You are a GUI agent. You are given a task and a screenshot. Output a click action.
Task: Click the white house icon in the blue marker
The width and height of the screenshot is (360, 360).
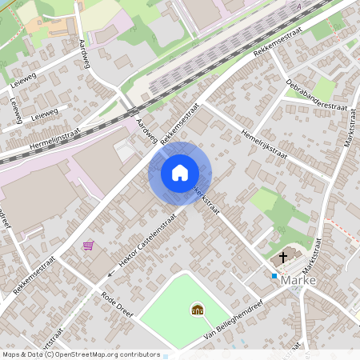[180, 172]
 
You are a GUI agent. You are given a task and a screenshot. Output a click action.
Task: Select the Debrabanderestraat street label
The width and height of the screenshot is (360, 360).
[317, 96]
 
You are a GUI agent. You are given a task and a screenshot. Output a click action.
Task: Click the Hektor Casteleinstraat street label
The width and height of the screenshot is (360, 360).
[149, 239]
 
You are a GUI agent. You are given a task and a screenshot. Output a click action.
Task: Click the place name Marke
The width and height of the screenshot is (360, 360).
[298, 281]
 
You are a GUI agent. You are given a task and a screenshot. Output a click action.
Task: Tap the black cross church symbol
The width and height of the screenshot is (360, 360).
[282, 258]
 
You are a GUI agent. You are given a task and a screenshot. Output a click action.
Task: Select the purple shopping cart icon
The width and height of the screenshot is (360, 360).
[88, 246]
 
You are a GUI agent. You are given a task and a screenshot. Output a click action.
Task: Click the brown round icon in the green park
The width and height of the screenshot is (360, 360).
[197, 309]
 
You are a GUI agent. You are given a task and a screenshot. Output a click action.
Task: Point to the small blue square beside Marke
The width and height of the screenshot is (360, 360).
[274, 276]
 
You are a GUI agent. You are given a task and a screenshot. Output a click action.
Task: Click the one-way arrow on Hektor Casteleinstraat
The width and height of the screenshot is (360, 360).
[112, 273]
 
